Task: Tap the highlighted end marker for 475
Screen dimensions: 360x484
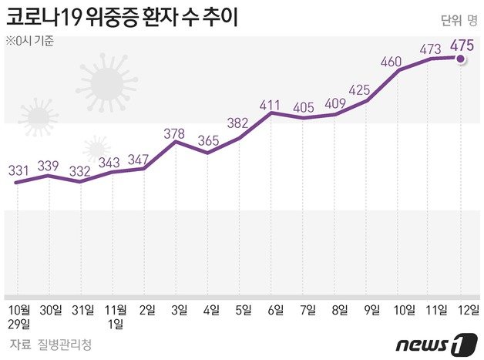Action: [x=461, y=58]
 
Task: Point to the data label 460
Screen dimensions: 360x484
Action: [x=393, y=61]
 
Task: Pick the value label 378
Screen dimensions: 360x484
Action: [x=176, y=133]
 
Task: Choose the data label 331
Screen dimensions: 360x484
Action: [x=20, y=170]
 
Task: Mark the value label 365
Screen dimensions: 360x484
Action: [x=208, y=140]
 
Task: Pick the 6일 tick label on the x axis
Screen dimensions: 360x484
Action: [x=274, y=309]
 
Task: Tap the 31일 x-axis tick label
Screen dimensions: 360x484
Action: [x=82, y=309]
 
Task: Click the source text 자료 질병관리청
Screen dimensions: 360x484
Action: [x=51, y=344]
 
